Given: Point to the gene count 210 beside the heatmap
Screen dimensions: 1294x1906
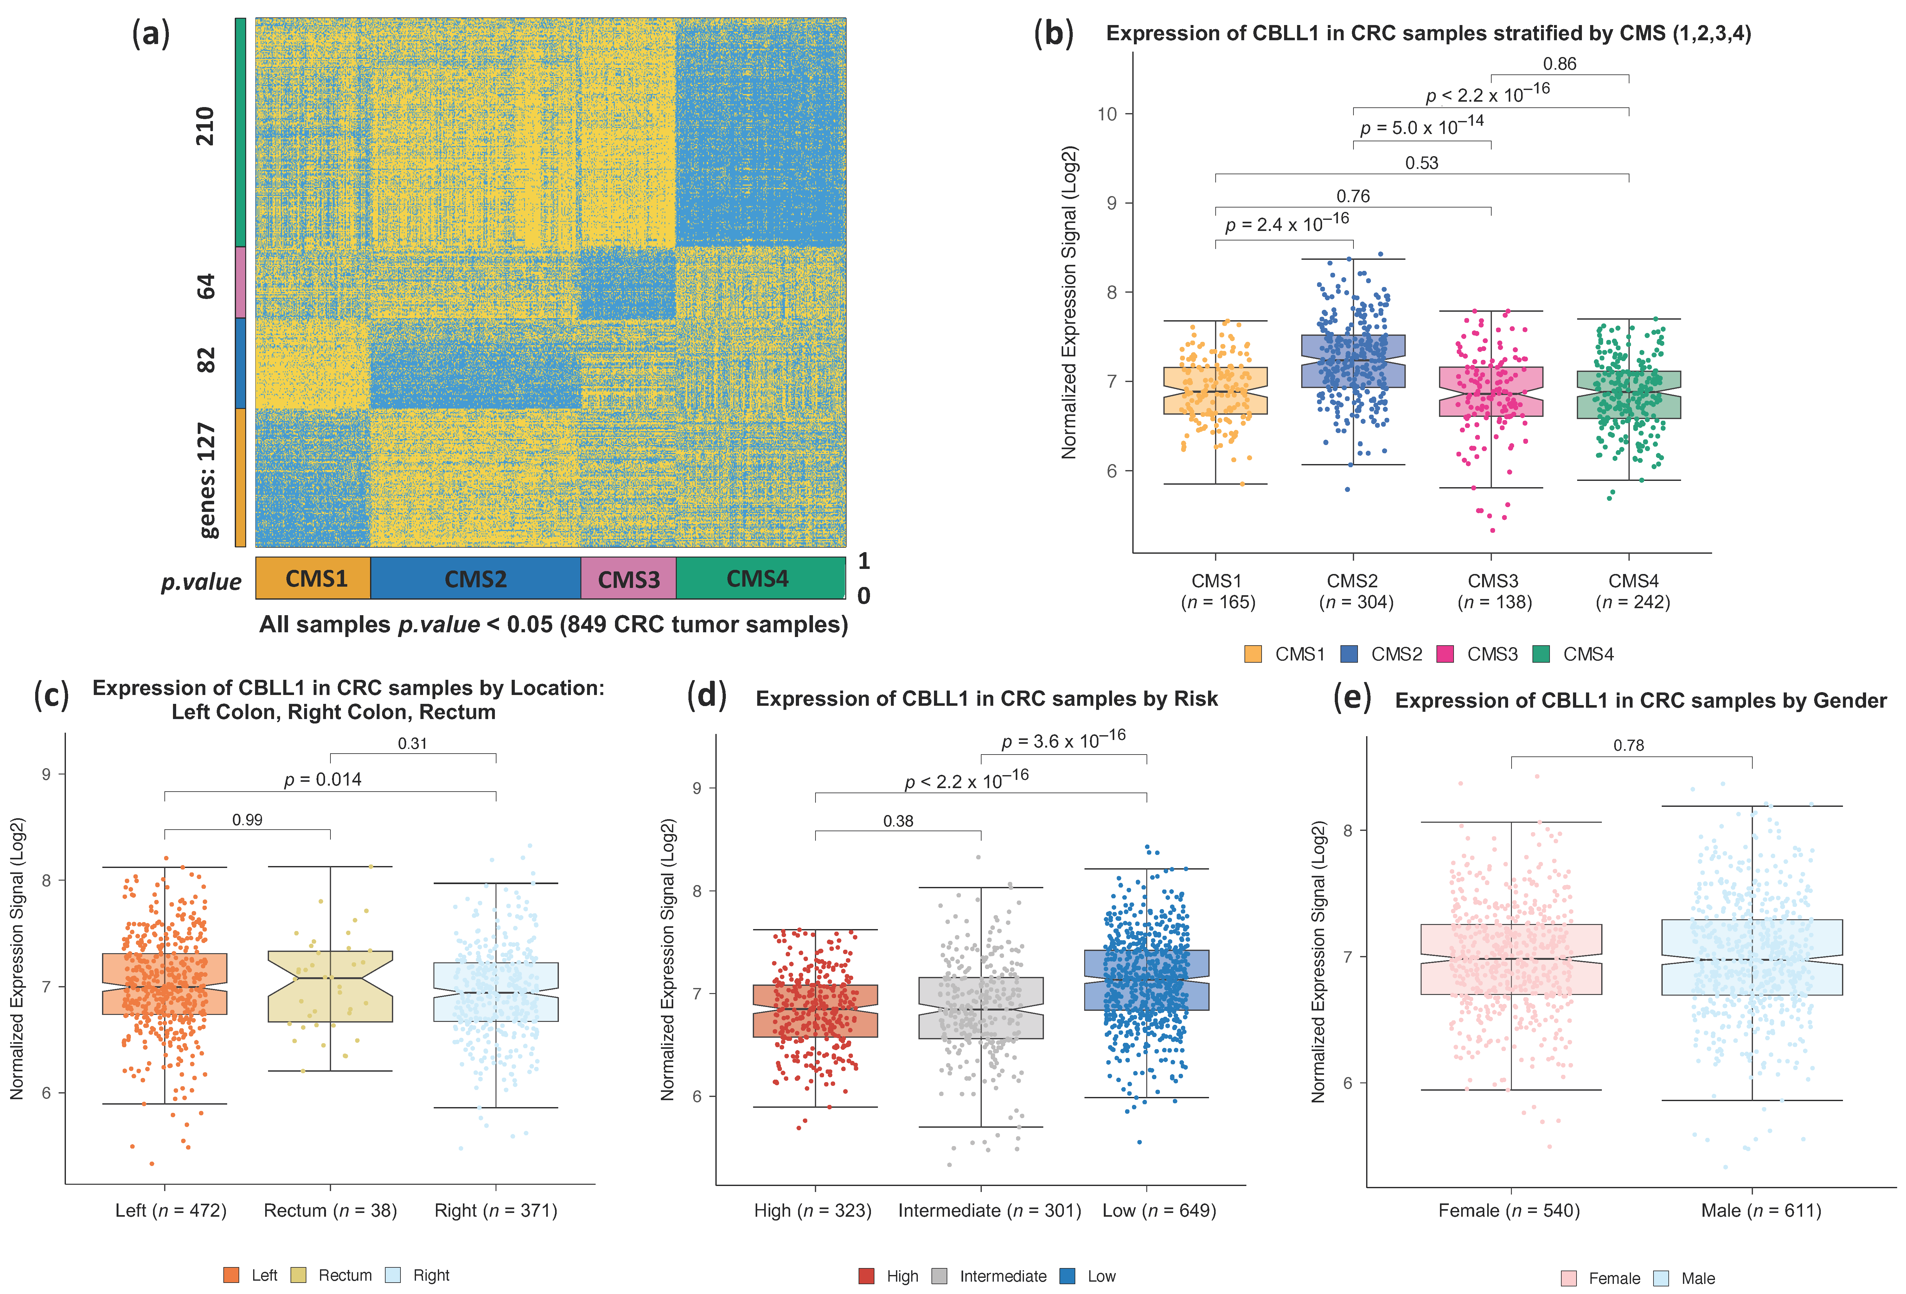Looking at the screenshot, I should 205,126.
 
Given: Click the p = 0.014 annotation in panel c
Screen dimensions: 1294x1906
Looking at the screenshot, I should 322,779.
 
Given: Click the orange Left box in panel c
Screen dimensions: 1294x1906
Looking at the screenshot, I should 165,984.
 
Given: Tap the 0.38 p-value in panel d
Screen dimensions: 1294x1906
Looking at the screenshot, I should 898,821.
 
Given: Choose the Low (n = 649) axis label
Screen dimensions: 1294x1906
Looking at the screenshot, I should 1159,1210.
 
